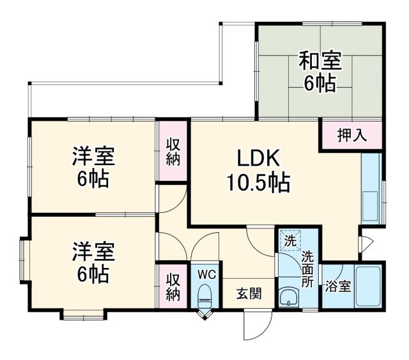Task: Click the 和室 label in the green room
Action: [320, 62]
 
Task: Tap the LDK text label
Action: [257, 158]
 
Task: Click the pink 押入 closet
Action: [352, 135]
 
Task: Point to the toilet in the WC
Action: [205, 294]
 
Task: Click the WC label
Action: [206, 273]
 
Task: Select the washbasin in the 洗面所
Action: [289, 297]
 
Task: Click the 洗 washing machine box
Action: [289, 241]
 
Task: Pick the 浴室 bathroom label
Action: [337, 287]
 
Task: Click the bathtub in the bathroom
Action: [368, 286]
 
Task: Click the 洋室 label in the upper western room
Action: [93, 155]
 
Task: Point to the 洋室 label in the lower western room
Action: [93, 251]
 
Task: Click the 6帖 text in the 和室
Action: [320, 84]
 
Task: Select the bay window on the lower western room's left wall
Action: [24, 261]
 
